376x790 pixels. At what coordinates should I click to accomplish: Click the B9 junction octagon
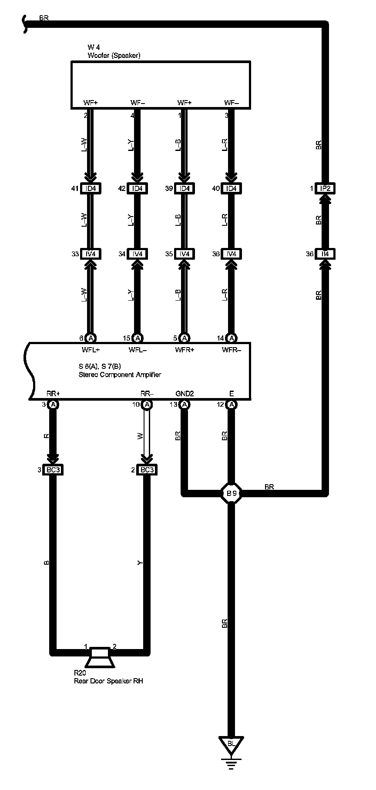click(231, 493)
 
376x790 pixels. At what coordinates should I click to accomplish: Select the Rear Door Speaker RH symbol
click(100, 657)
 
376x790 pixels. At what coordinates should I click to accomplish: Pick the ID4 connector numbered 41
click(91, 188)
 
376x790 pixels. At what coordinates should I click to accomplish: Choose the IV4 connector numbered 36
click(232, 254)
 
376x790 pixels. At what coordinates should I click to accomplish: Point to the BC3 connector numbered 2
click(147, 470)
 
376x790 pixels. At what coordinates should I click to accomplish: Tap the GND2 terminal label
click(185, 394)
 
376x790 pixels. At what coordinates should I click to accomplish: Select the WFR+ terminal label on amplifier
click(185, 349)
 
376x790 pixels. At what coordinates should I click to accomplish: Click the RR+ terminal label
click(53, 394)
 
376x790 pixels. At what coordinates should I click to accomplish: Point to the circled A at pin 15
click(138, 338)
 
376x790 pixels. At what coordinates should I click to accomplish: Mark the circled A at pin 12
click(232, 405)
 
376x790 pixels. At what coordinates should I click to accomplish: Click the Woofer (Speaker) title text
click(114, 55)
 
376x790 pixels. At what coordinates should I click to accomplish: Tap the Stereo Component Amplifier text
click(120, 375)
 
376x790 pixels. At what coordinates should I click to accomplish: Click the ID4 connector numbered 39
click(185, 188)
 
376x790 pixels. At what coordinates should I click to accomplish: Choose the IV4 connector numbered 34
click(138, 254)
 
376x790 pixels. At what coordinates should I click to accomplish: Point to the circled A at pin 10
click(147, 405)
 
